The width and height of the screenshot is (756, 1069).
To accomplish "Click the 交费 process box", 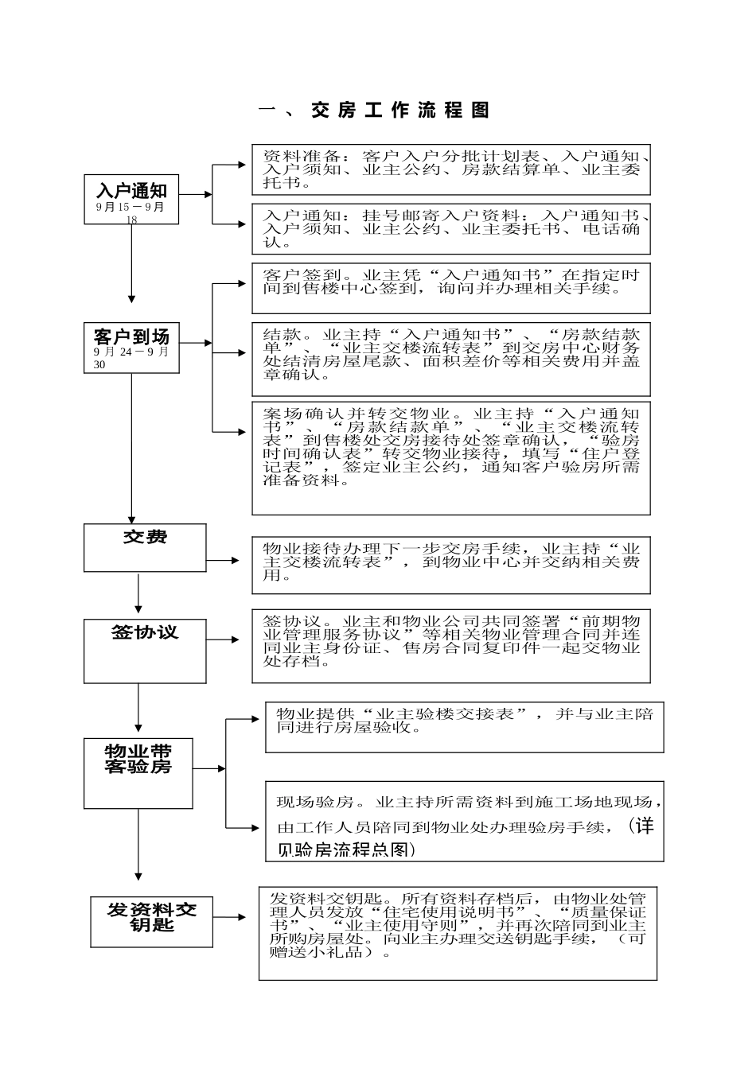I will coord(145,547).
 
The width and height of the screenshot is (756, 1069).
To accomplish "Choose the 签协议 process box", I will coord(145,651).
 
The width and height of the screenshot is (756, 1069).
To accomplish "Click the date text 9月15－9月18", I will coord(131,213).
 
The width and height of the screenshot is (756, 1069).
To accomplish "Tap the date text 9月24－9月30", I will coord(131,358).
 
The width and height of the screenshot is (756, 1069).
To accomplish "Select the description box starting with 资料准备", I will coord(451,169).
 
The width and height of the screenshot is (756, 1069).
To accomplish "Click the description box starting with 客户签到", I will coord(451,288).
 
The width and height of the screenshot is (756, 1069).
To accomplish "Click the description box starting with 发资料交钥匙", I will coord(458,933).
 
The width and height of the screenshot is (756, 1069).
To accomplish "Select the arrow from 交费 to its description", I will coord(224,561).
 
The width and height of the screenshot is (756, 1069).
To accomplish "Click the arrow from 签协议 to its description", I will coord(224,639).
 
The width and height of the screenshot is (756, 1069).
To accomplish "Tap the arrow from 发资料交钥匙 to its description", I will coord(230,917).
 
